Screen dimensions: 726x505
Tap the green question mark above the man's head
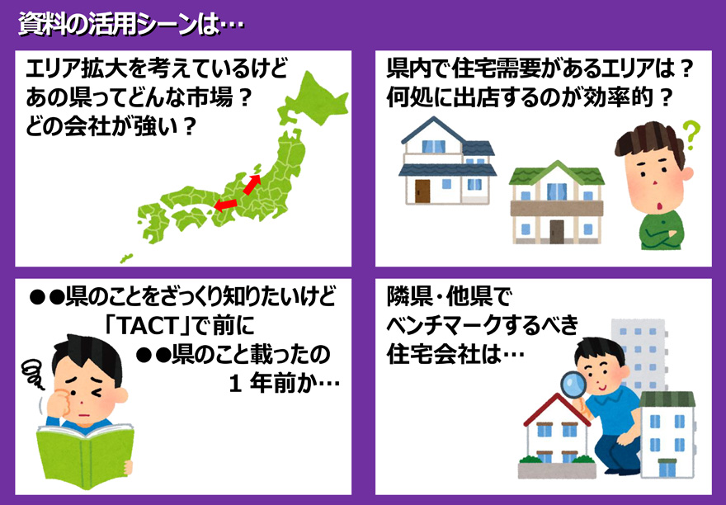pyautogui.click(x=691, y=135)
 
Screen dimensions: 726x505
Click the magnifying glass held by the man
pyautogui.click(x=574, y=384)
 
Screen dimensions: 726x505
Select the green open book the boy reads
pyautogui.click(x=85, y=455)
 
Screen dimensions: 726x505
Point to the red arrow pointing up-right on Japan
pyautogui.click(x=252, y=184)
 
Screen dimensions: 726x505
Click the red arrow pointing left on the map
pyautogui.click(x=225, y=205)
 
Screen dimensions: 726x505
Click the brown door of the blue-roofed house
pyautogui.click(x=422, y=191)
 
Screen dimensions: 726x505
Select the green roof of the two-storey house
pyautogui.click(x=557, y=173)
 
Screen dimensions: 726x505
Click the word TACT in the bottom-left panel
pyautogui.click(x=147, y=326)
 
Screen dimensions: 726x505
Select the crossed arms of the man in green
pyautogui.click(x=661, y=231)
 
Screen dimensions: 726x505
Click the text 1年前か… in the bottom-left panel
pyautogui.click(x=285, y=383)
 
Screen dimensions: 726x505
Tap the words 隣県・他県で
pyautogui.click(x=449, y=297)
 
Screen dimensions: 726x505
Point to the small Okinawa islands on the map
pyautogui.click(x=126, y=258)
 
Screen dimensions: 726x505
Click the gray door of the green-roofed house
pyautogui.click(x=557, y=232)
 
